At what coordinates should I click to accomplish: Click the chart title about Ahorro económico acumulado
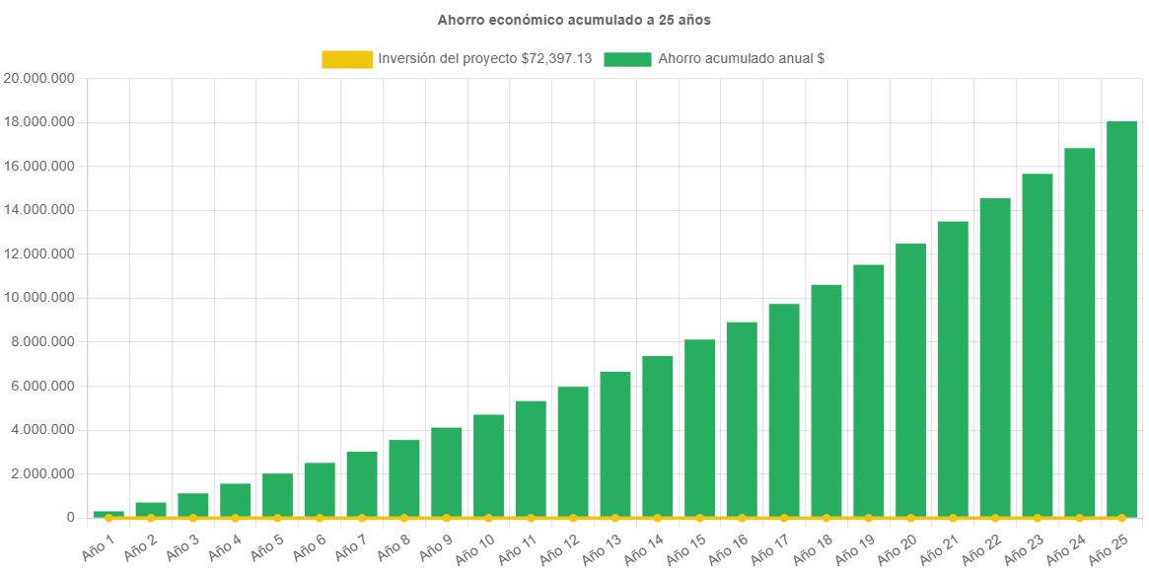pyautogui.click(x=574, y=20)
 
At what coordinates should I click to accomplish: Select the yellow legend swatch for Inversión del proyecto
pyautogui.click(x=347, y=59)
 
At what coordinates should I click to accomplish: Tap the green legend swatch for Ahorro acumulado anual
pyautogui.click(x=627, y=59)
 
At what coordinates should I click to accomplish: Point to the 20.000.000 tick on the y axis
pyautogui.click(x=40, y=78)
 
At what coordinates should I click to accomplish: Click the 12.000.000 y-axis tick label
pyautogui.click(x=40, y=253)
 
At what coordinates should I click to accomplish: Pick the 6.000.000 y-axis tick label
pyautogui.click(x=40, y=386)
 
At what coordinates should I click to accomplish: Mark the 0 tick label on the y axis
pyautogui.click(x=70, y=517)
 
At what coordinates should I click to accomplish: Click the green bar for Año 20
pyautogui.click(x=910, y=380)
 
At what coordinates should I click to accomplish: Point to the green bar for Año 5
pyautogui.click(x=277, y=495)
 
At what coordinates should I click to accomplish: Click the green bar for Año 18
pyautogui.click(x=826, y=400)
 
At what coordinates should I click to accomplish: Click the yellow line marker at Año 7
pyautogui.click(x=362, y=518)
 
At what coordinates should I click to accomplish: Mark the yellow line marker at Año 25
pyautogui.click(x=1121, y=518)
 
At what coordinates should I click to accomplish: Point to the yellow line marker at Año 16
pyautogui.click(x=742, y=518)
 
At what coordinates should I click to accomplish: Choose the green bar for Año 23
pyautogui.click(x=1038, y=345)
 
